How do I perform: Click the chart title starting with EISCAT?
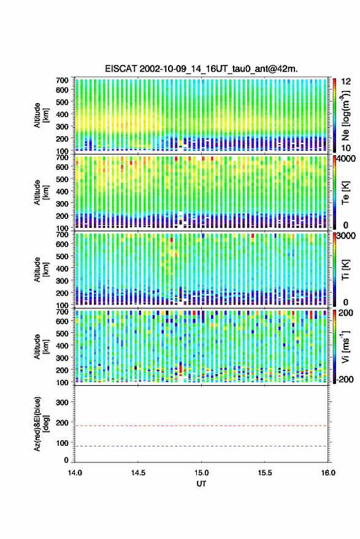(201, 69)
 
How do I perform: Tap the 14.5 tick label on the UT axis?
(138, 473)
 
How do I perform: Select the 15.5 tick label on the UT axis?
(264, 473)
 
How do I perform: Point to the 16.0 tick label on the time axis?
(327, 473)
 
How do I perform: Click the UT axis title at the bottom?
(201, 484)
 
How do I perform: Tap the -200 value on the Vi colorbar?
(345, 379)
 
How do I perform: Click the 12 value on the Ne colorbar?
(346, 82)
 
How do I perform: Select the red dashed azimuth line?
(201, 426)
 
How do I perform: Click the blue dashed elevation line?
(201, 446)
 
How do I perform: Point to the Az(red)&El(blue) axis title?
(40, 424)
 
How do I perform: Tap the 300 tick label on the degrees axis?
(62, 402)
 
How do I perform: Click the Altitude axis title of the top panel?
(40, 115)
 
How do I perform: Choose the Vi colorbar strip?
(334, 346)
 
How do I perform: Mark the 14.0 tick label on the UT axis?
(75, 473)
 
